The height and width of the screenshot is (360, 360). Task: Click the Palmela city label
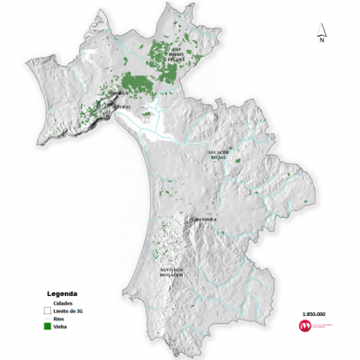[x=118, y=93]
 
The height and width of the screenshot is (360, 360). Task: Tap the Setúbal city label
[x=122, y=106]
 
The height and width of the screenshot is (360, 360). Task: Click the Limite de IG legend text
[x=68, y=311]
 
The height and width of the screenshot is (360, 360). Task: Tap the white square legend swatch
[x=46, y=311]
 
